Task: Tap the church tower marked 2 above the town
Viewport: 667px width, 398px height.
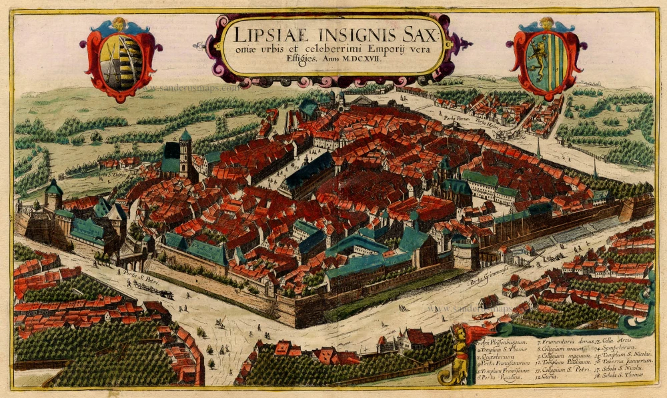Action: (185, 150)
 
